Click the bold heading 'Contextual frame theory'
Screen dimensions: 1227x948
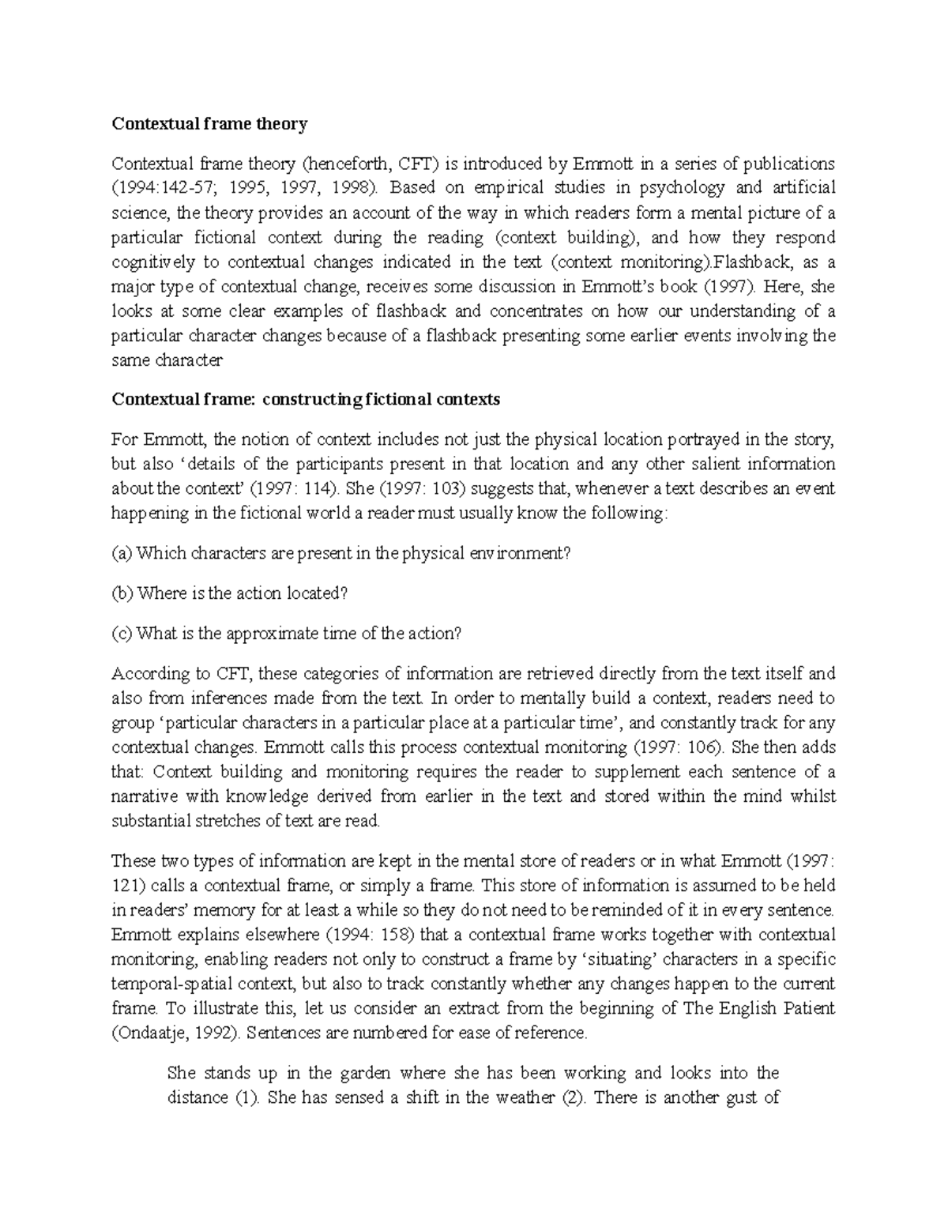(x=209, y=123)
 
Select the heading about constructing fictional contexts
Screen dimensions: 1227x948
(x=306, y=399)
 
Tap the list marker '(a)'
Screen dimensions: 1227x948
(x=122, y=553)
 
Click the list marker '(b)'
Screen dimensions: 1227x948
(x=123, y=593)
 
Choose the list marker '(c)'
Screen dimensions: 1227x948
(x=122, y=634)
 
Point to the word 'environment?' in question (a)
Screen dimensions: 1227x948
(x=525, y=553)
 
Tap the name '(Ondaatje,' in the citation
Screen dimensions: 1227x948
(x=148, y=1033)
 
